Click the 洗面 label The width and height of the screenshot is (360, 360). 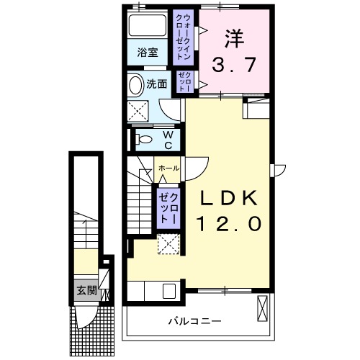coord(156,84)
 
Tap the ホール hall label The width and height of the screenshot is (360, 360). coord(167,168)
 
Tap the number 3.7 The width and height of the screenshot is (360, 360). coord(233,66)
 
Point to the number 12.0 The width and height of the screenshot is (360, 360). coord(225,224)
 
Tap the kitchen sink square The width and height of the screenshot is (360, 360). coord(170,292)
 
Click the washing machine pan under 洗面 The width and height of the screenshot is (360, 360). coord(138,111)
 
